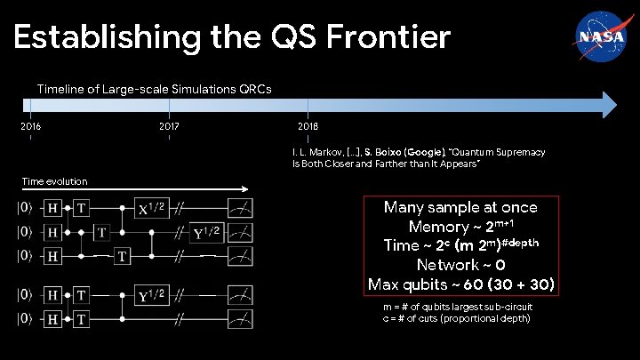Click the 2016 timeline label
tap(30, 127)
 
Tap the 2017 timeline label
tap(169, 127)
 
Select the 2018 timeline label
tap(308, 127)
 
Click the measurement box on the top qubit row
tap(238, 209)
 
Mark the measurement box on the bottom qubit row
tap(238, 318)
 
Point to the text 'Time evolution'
tap(54, 181)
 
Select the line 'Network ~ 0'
tap(460, 265)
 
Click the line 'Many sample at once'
tap(460, 207)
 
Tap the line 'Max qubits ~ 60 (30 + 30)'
tap(460, 284)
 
